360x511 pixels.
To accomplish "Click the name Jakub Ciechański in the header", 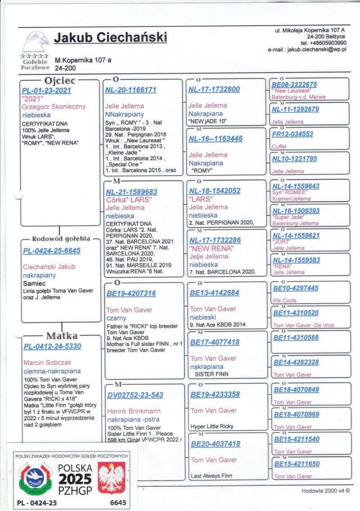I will (x=110, y=38).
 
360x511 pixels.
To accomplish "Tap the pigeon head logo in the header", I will (x=36, y=41).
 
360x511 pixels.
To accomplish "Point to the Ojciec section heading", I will (x=60, y=81).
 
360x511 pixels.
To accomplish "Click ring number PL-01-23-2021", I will (x=46, y=90).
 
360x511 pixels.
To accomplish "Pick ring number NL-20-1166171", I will (x=131, y=90).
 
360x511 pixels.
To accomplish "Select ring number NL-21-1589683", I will (x=131, y=192).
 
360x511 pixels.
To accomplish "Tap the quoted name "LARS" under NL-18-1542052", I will (x=201, y=199).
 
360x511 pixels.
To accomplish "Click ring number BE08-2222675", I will (x=295, y=85).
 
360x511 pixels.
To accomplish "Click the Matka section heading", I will (x=62, y=336).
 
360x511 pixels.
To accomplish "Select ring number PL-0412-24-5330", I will (x=52, y=346).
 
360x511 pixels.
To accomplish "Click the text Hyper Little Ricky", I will (x=212, y=426).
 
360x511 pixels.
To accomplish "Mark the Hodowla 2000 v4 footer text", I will (x=325, y=492).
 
